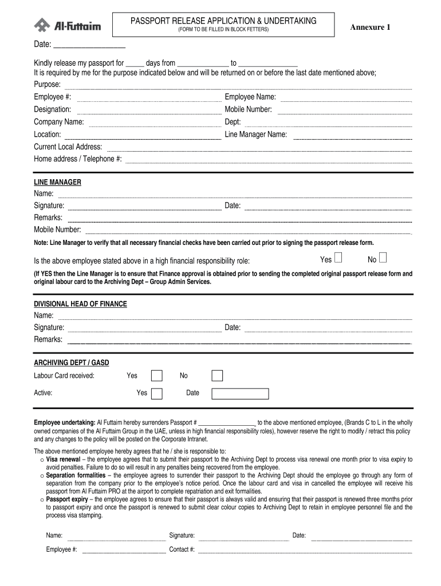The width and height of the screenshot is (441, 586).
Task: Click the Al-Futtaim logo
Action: (67, 25)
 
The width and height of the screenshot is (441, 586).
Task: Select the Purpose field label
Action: (47, 85)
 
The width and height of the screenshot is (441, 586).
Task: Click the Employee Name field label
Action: (250, 97)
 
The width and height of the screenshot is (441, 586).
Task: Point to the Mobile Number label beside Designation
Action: (248, 109)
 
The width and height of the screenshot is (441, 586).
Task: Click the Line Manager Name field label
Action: (255, 134)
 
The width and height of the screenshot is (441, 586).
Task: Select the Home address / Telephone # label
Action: (77, 159)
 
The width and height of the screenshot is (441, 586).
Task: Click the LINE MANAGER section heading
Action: (57, 183)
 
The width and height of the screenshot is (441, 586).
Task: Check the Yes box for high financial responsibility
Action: (338, 258)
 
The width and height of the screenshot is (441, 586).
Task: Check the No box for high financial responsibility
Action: (383, 258)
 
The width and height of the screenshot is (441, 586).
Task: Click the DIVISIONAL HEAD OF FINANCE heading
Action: (80, 304)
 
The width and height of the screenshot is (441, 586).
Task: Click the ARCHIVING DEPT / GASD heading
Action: (71, 363)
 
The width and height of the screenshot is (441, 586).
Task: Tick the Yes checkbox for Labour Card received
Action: (156, 376)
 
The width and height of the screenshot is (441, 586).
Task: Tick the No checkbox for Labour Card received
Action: (217, 376)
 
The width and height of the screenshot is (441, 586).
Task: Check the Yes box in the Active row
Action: (156, 393)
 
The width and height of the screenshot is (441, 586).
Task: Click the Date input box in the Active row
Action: (240, 393)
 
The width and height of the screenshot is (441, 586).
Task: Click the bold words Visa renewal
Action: (63, 460)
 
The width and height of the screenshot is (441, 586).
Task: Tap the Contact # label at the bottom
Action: (182, 549)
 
